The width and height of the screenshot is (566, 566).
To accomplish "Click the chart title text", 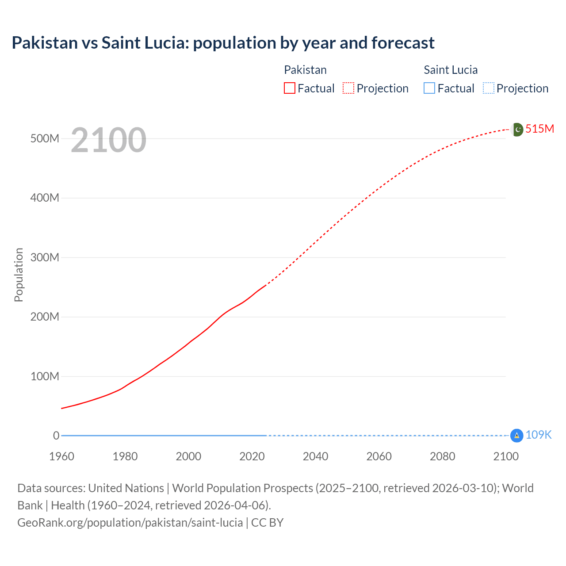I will coord(223,43).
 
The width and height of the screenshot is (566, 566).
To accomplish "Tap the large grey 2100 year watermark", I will coord(108,140).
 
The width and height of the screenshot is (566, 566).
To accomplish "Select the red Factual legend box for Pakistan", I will coord(289,88).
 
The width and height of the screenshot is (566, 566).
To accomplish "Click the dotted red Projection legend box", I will coord(348,88).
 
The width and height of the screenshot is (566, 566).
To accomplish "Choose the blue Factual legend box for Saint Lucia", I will coord(429,88).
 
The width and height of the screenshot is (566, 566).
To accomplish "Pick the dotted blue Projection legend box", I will coord(488,88).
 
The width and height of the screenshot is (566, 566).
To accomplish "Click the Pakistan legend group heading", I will coord(305,70).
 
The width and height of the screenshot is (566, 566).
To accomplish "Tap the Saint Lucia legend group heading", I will coord(451,70).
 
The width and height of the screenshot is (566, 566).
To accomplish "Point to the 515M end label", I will coord(539,129).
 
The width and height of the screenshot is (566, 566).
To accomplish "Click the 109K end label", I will coord(539,435).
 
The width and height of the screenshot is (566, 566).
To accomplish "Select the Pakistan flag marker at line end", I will coord(517,130).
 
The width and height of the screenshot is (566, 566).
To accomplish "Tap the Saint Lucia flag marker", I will coord(516,436).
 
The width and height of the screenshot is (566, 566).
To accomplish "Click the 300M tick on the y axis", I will coord(45,257).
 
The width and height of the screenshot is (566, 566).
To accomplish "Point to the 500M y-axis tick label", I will coord(45,138).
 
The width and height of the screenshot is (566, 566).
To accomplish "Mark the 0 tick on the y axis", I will coord(56,436).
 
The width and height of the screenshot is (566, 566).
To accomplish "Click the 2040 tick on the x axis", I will coord(315,456).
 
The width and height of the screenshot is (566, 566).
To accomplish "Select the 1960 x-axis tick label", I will coord(61,456).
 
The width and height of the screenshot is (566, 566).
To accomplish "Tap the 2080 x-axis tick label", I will coord(442,456).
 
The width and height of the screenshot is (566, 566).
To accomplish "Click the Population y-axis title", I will coord(19,275).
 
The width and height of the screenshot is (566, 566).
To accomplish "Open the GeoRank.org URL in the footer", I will coord(130,523).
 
